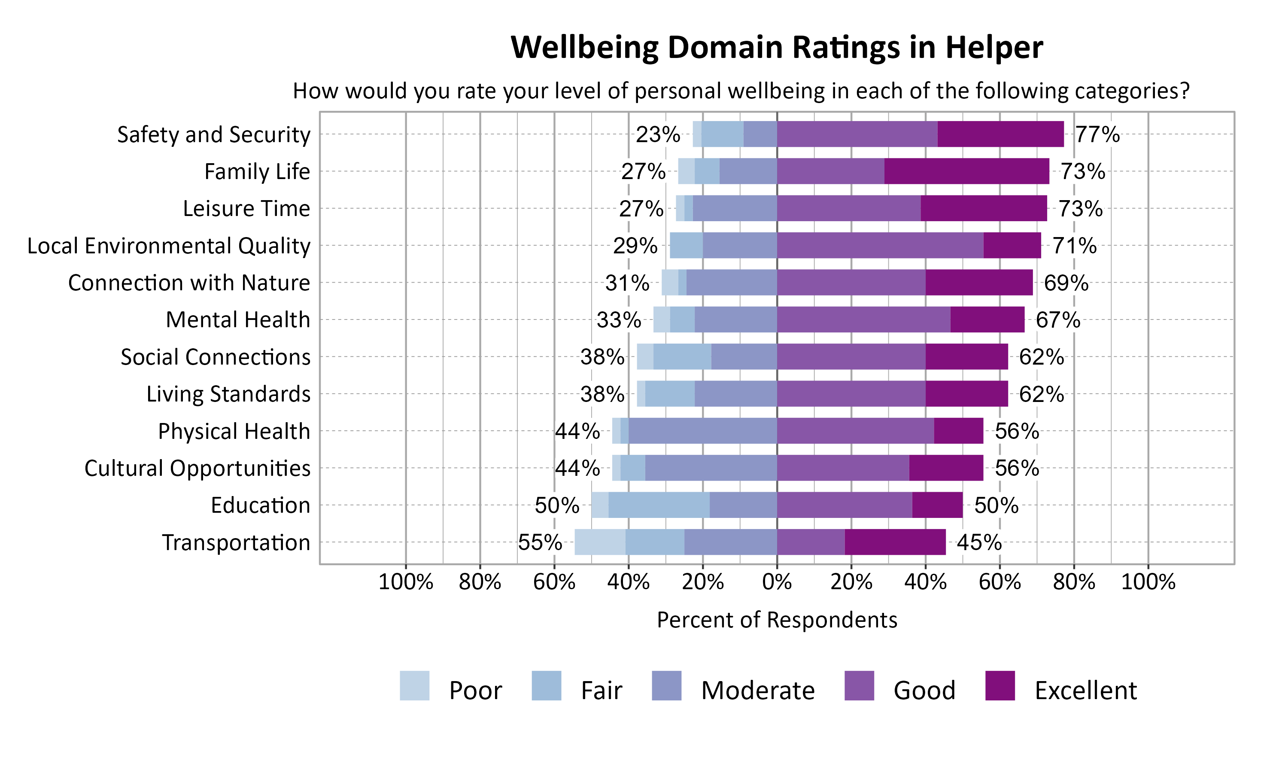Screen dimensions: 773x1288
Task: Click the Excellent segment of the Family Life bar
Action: [966, 171]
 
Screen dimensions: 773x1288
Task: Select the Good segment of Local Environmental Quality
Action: [880, 245]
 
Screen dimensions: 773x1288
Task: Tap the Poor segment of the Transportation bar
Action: [600, 542]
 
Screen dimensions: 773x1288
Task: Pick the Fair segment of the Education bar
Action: [659, 505]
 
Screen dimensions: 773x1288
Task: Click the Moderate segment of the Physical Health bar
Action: [702, 431]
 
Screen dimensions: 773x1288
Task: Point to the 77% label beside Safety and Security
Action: [1097, 134]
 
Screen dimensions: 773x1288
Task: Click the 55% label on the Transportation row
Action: [540, 542]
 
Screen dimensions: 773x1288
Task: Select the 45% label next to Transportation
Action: [979, 542]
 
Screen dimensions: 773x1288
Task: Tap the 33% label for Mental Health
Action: [619, 320]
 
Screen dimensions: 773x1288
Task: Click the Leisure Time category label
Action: [246, 208]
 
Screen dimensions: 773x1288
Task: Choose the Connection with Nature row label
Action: [189, 283]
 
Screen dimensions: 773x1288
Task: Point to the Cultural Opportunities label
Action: [197, 468]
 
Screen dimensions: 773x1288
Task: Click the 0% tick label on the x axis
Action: [777, 582]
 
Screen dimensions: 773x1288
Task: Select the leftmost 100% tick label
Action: [406, 582]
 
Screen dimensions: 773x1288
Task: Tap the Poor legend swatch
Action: [414, 685]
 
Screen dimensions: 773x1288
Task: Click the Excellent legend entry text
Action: [1085, 691]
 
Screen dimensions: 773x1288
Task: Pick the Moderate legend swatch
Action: [666, 685]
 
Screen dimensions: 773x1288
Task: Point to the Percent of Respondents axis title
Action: [777, 620]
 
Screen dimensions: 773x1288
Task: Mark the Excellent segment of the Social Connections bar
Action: [966, 357]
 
